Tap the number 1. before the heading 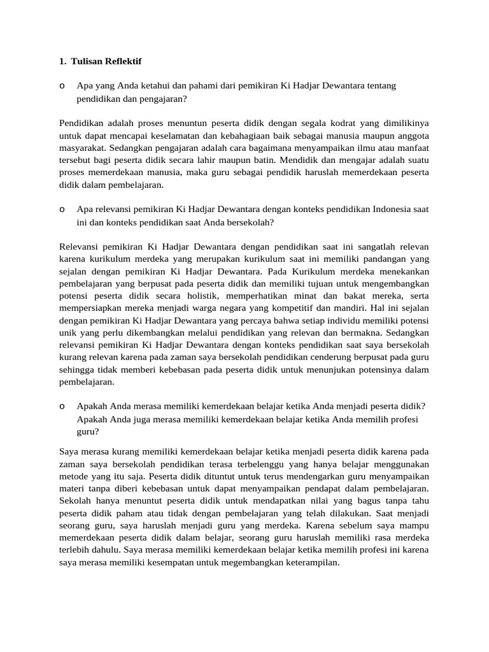(62, 61)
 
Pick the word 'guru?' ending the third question (88, 431)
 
